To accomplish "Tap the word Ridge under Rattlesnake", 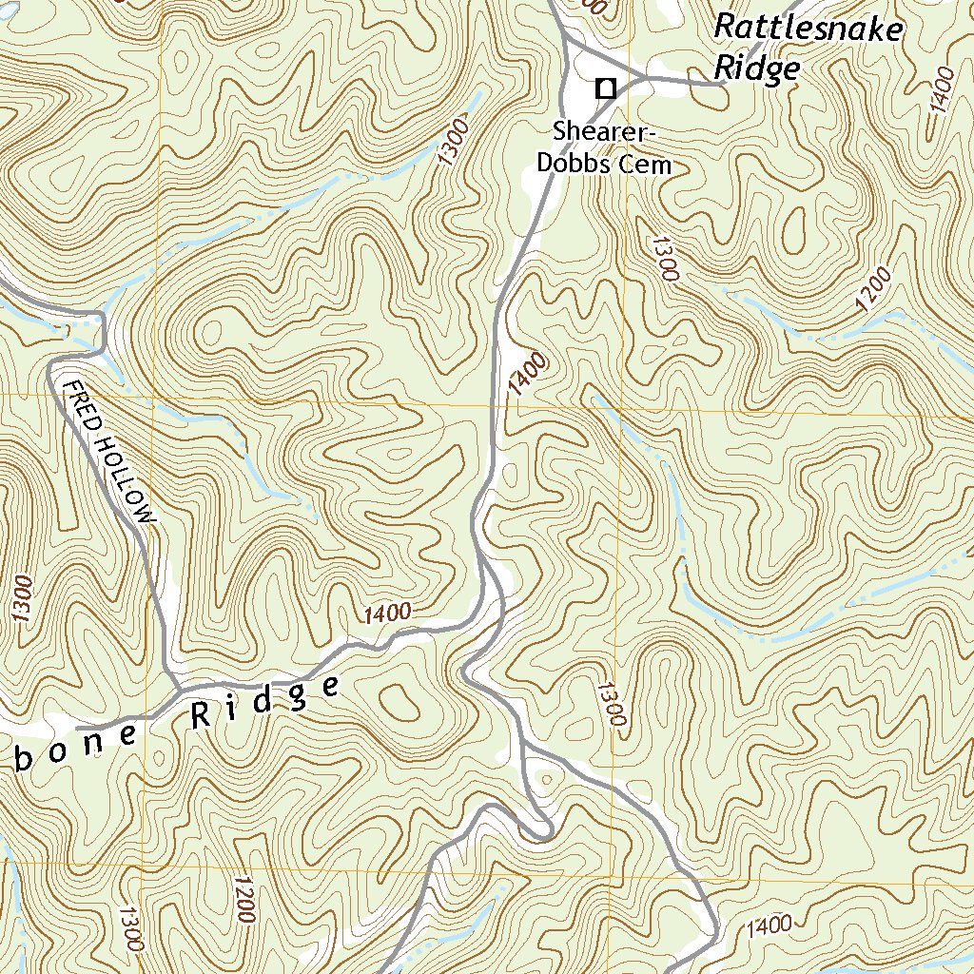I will pos(757,68).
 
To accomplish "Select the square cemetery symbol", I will pos(604,88).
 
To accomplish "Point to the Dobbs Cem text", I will pos(604,164).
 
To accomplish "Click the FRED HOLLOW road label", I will pos(107,450).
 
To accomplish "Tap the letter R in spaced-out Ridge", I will pos(201,714).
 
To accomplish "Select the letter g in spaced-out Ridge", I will pos(298,697).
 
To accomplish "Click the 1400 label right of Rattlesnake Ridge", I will pos(943,91).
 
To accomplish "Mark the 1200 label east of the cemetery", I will pos(874,290).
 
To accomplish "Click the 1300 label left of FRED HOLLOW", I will pos(23,598).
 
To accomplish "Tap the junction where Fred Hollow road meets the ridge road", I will pos(174,686).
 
